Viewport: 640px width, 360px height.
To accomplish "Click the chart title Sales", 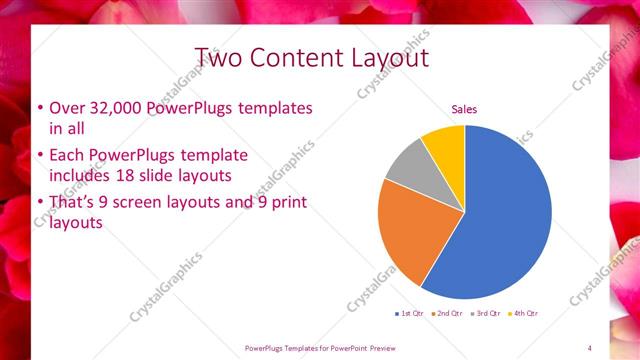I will click(464, 108).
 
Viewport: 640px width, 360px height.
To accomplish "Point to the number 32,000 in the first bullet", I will click(113, 108).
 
